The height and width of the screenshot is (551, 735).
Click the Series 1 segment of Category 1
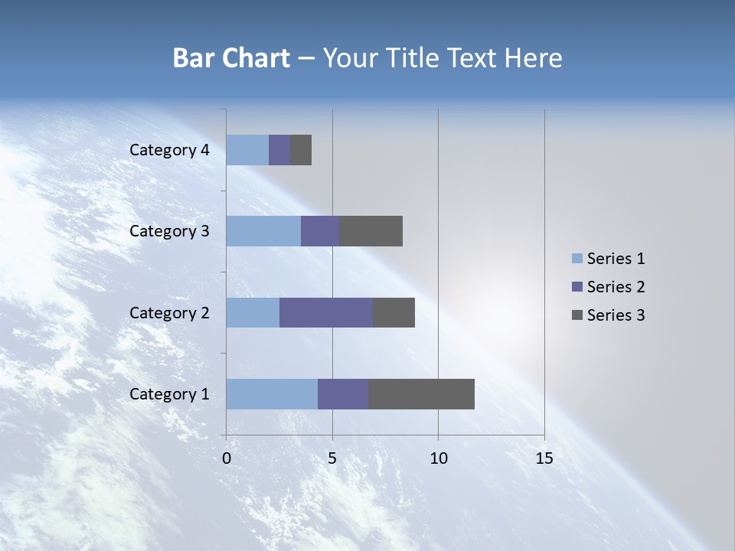[x=272, y=394]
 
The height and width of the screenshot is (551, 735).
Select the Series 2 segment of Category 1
[x=343, y=394]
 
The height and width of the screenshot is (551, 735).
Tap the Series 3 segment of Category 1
[x=421, y=394]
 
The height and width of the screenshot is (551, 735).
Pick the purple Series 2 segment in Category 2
[x=326, y=312]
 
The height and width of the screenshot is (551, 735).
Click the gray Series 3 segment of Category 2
[x=394, y=312]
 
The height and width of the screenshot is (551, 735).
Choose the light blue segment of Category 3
[x=263, y=231]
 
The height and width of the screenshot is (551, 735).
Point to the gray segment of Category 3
[x=371, y=231]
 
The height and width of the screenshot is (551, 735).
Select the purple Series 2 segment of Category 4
[x=279, y=150]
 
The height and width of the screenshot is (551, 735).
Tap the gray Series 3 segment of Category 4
[x=301, y=150]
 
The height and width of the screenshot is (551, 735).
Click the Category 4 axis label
[x=169, y=150]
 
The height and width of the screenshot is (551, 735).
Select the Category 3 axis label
[x=169, y=231]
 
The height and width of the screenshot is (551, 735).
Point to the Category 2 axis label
[x=169, y=313]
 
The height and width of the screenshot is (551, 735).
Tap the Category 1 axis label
[x=169, y=394]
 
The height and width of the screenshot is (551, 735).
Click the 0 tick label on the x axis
[x=227, y=458]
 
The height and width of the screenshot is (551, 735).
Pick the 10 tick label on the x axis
[x=438, y=458]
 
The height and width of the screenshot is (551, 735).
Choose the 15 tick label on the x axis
[x=544, y=458]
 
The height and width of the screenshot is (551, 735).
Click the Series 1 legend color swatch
[x=577, y=259]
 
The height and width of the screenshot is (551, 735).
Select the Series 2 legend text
[x=616, y=287]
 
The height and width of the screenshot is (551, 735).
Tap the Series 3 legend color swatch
[x=577, y=315]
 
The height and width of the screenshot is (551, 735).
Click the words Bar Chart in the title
[x=231, y=58]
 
